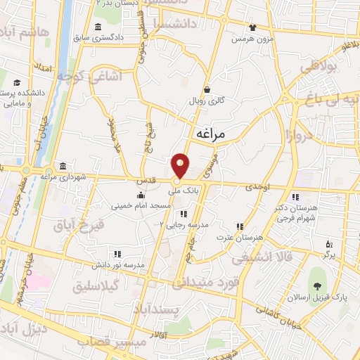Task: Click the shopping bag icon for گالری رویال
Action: point(207,89)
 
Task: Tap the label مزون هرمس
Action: point(252,39)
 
